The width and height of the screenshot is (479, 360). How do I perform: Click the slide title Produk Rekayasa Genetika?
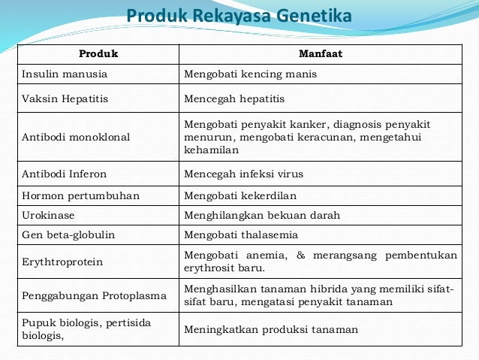(x=239, y=17)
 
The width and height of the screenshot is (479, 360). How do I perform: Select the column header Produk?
(x=98, y=55)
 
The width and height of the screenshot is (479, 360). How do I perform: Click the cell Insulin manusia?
(x=65, y=74)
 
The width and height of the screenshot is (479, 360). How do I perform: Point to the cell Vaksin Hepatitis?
(x=64, y=98)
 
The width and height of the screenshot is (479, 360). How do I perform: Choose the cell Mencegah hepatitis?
(x=234, y=98)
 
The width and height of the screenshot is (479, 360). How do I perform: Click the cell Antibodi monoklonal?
(x=76, y=137)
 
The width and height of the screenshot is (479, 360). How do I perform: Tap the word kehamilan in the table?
(x=211, y=150)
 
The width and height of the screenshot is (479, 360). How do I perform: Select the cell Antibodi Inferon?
(x=64, y=174)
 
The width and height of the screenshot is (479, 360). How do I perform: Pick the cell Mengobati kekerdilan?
(x=240, y=195)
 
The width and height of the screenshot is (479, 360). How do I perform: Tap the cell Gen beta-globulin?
(x=68, y=234)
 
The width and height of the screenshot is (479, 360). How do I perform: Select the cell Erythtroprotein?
(x=62, y=262)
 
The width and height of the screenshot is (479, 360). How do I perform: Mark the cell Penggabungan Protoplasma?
(x=94, y=295)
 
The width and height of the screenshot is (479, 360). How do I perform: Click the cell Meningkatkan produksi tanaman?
(x=271, y=329)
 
